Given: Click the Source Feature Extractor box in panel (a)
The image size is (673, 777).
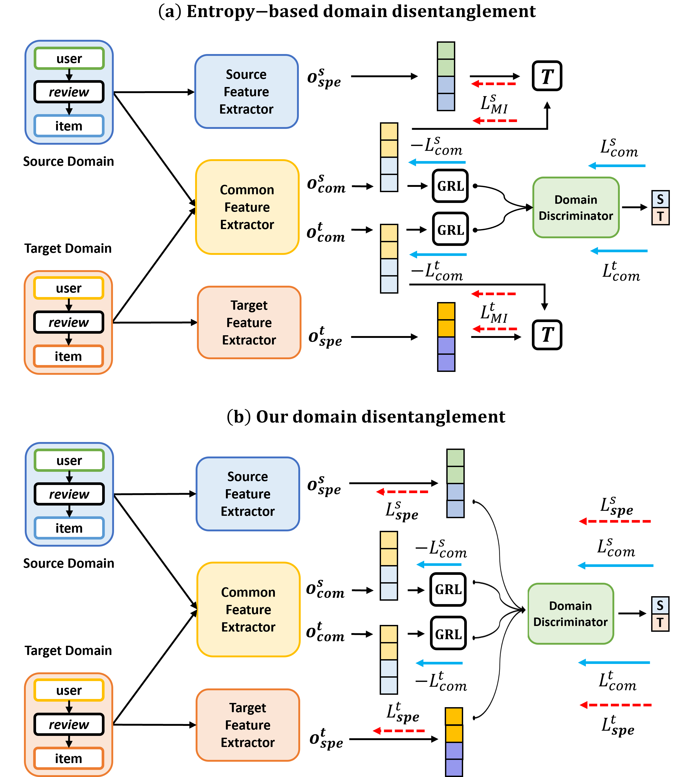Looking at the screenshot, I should click(246, 92).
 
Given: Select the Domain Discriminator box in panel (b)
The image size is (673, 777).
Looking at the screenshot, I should click(571, 614).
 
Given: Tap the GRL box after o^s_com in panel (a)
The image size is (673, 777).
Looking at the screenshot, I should click(450, 186).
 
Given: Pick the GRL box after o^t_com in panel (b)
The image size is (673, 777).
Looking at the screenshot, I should click(448, 634).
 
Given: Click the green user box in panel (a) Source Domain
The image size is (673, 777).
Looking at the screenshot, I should click(69, 59).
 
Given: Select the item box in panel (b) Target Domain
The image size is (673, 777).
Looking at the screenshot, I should click(68, 758).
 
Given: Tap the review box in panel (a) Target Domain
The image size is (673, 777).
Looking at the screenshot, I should click(69, 322).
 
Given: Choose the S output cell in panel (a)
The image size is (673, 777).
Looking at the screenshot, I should click(660, 199).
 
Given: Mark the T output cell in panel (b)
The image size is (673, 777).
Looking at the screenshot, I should click(660, 623).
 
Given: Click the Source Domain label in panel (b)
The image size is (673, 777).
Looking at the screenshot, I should click(69, 563).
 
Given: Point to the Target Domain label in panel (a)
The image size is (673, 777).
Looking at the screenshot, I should click(68, 249).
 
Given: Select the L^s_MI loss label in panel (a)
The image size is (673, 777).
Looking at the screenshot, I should click(494, 104).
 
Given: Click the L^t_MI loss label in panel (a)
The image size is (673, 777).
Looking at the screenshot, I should click(494, 313).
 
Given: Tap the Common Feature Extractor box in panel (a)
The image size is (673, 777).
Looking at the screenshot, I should click(247, 207).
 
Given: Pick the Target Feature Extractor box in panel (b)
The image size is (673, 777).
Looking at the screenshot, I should click(248, 725).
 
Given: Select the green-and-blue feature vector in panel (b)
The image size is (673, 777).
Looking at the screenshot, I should click(455, 483).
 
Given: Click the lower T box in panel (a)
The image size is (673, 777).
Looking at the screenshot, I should click(547, 334).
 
